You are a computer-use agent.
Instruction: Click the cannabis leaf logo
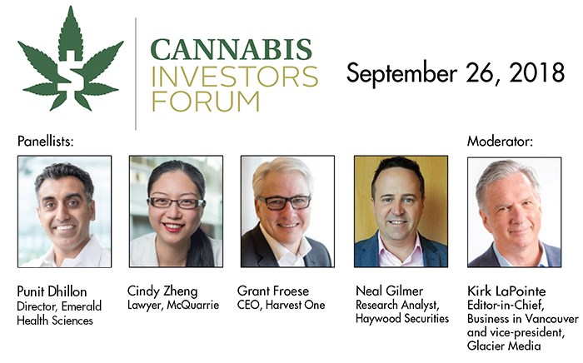tap(71, 59)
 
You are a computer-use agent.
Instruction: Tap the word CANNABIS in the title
tap(231, 50)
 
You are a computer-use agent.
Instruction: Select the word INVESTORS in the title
tap(235, 77)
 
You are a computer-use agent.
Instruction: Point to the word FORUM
tap(206, 101)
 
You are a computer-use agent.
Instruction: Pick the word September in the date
tap(401, 73)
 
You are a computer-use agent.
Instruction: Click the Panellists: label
tap(45, 142)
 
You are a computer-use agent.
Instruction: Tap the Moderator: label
tap(500, 142)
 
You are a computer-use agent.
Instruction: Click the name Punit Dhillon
tap(52, 291)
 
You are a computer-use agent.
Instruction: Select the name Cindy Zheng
tap(162, 291)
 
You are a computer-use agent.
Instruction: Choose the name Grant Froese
tap(273, 291)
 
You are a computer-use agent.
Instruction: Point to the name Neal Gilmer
tap(389, 291)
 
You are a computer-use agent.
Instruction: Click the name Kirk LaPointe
tap(506, 291)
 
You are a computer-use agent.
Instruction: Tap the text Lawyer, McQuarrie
tap(173, 306)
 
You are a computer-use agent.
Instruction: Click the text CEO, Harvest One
tap(282, 306)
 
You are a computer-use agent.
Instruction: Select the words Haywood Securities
tap(402, 319)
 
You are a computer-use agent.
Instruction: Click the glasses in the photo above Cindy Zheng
tap(176, 203)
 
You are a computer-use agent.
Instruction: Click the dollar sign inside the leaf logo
tap(71, 80)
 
